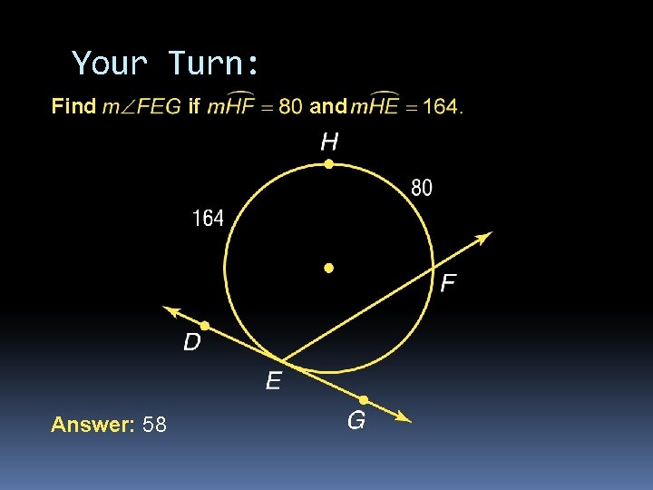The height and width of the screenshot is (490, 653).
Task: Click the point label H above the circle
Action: click(329, 142)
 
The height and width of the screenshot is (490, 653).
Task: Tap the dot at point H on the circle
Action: click(329, 164)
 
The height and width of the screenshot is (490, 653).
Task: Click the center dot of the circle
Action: click(329, 269)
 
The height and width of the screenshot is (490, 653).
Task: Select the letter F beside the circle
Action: click(447, 284)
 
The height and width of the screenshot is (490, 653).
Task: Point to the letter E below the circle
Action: click(273, 381)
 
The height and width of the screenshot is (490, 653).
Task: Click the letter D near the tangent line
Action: click(192, 342)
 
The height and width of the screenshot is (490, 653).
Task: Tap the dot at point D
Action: click(205, 325)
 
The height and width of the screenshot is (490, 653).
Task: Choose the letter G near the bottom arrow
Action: click(356, 421)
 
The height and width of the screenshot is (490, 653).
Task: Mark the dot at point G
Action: click(363, 399)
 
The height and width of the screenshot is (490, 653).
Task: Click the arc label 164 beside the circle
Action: click(208, 219)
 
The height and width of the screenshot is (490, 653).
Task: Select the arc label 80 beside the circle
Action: click(422, 188)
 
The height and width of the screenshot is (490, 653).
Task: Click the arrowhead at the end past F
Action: click(484, 237)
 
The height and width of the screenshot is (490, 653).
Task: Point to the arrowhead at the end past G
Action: click(404, 418)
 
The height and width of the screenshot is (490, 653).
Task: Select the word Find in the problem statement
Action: click(73, 107)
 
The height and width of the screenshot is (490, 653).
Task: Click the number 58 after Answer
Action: click(154, 425)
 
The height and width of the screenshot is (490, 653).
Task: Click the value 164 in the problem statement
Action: click(439, 107)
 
